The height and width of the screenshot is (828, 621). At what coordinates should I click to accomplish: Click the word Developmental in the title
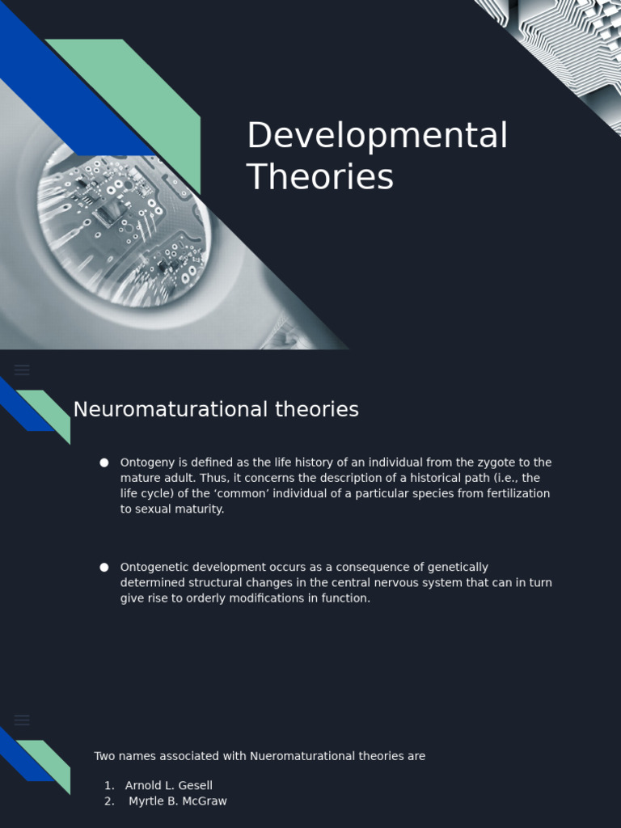377,136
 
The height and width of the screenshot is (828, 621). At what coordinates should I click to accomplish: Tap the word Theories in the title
319,177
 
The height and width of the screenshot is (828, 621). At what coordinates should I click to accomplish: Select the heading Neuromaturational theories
216,410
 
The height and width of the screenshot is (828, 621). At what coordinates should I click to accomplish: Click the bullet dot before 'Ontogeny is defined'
104,463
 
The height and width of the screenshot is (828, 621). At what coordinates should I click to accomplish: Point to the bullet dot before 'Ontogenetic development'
104,568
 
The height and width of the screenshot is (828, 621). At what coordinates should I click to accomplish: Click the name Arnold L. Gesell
169,785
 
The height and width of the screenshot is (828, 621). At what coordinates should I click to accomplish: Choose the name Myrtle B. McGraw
178,801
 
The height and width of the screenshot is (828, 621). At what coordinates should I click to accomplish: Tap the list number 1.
108,785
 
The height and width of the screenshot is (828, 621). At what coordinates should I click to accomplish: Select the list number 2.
108,801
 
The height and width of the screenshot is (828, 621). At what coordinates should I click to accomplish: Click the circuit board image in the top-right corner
566,40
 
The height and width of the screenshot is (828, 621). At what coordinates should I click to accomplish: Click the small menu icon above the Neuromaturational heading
23,370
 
